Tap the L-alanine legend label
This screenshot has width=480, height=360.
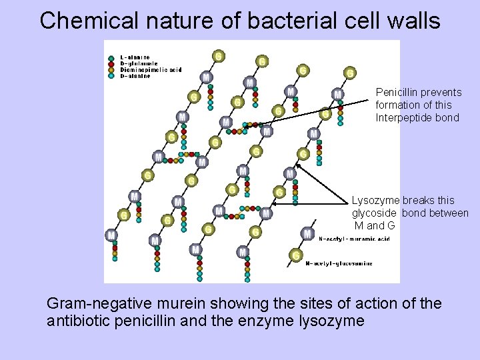click(x=135, y=58)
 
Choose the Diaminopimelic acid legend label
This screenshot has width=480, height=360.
click(x=151, y=70)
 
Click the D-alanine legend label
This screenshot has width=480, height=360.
click(x=135, y=76)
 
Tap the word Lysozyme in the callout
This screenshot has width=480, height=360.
click(x=375, y=201)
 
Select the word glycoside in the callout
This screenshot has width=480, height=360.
click(x=374, y=213)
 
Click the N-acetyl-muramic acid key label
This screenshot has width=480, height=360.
click(x=354, y=239)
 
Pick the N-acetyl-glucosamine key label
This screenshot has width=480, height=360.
click(x=339, y=263)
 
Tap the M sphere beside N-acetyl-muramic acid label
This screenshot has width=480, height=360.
click(x=307, y=233)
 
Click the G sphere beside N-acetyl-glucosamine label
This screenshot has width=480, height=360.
click(x=295, y=255)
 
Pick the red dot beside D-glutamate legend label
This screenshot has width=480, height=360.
click(x=111, y=64)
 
